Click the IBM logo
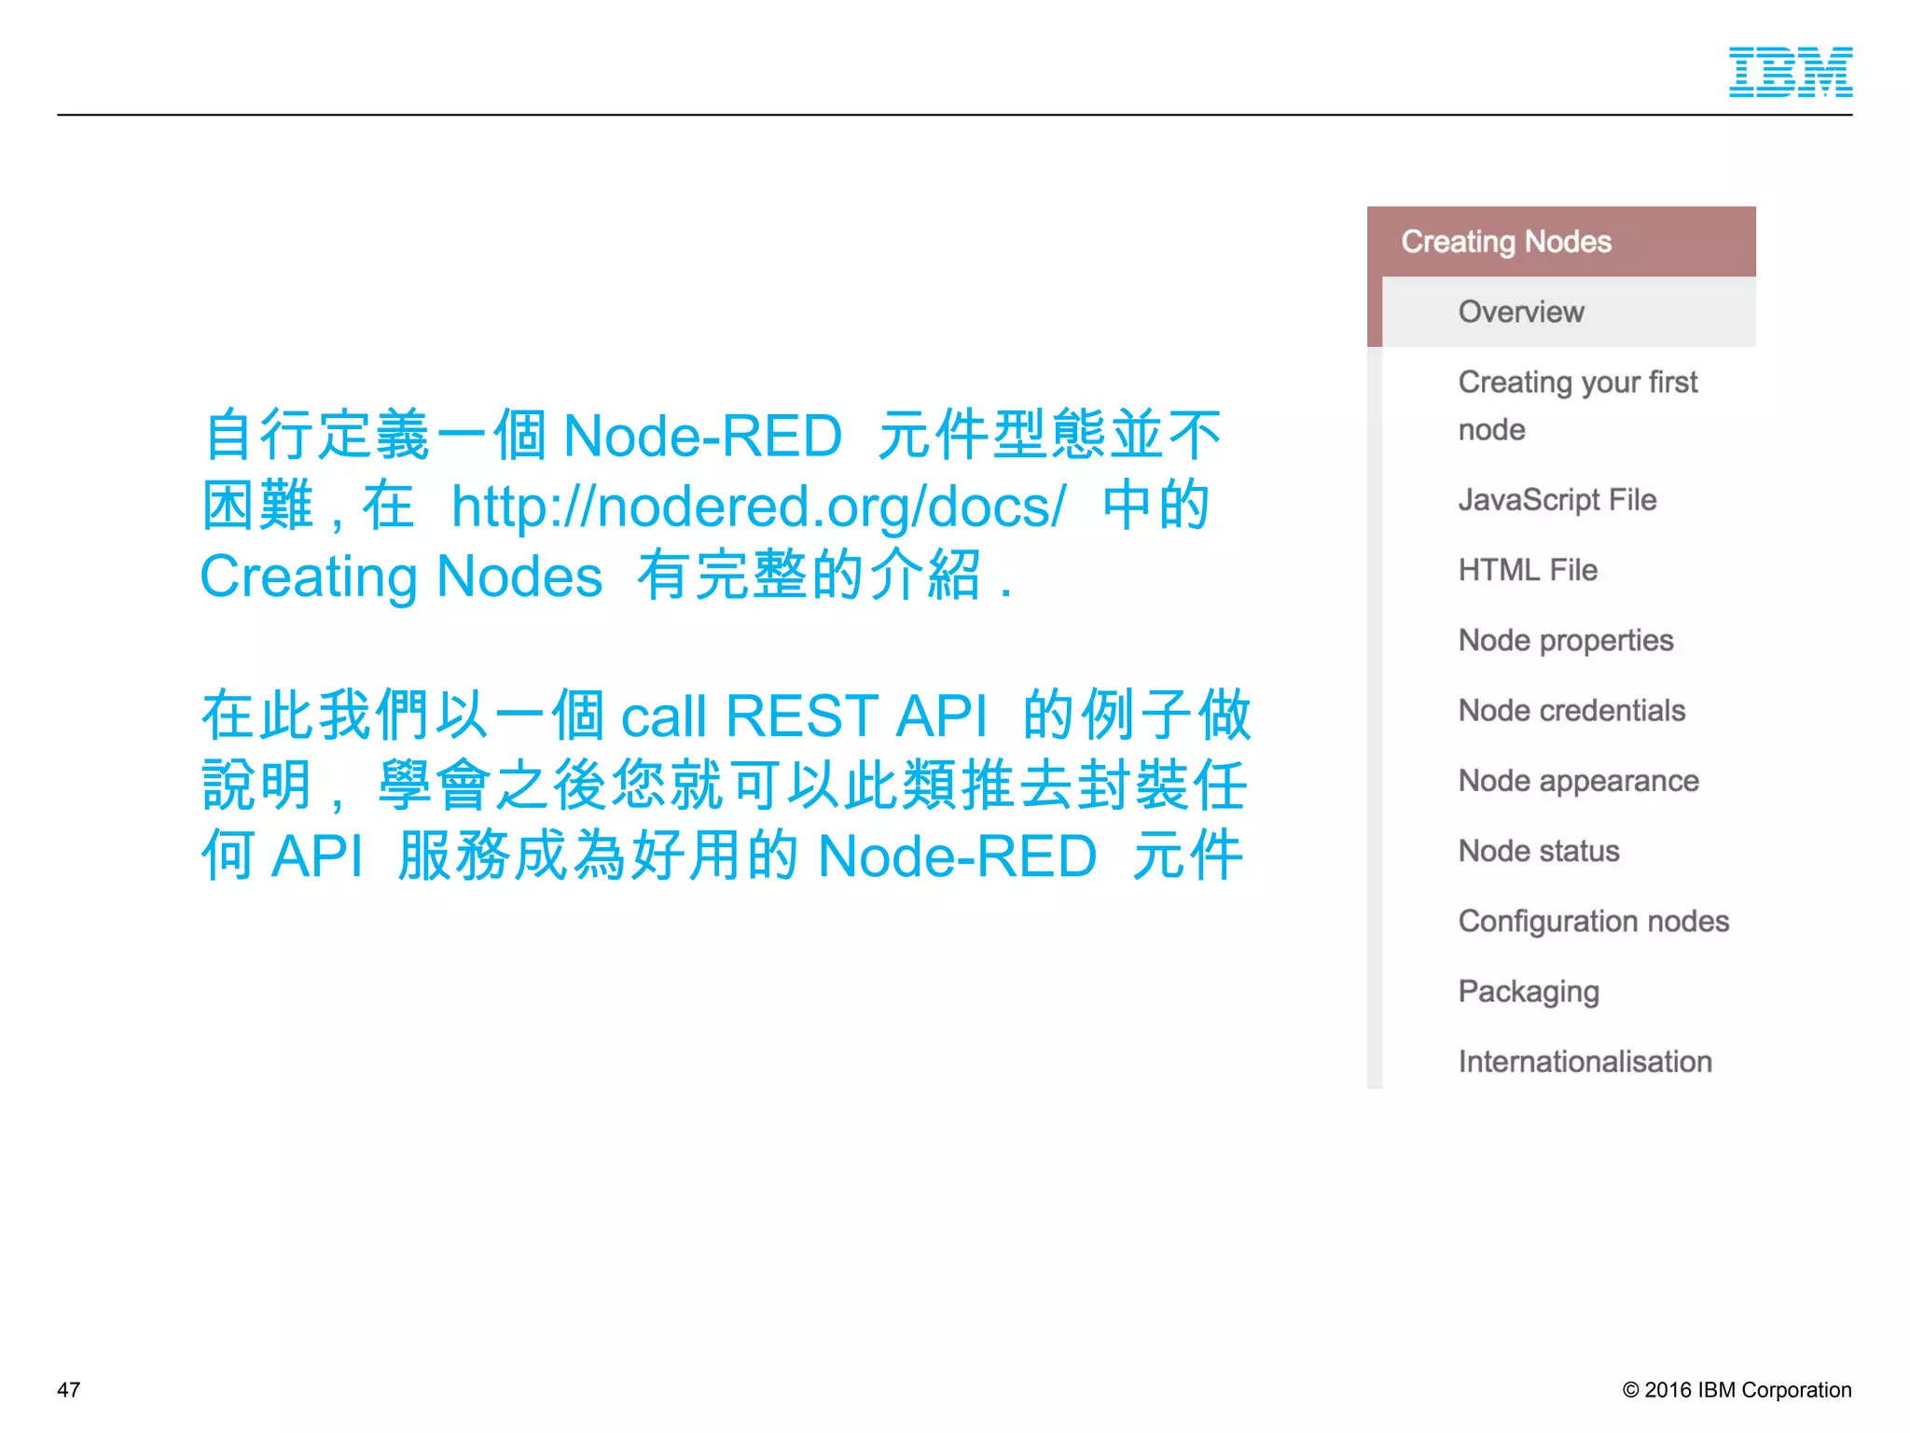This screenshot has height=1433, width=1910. tap(1790, 72)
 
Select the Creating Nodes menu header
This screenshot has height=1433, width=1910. tap(1505, 242)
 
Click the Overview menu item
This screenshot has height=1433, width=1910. tap(1520, 312)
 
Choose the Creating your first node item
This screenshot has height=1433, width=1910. tap(1577, 405)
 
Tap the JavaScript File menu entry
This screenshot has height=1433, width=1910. tap(1557, 500)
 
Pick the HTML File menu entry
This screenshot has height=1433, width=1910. tap(1528, 570)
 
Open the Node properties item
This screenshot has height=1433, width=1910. tap(1565, 640)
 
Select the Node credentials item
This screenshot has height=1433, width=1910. tap(1571, 711)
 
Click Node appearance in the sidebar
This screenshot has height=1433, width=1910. tap(1578, 781)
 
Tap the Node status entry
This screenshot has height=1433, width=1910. tap(1539, 851)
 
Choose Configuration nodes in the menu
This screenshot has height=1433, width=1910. tap(1593, 922)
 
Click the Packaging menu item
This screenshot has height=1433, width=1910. tap(1529, 992)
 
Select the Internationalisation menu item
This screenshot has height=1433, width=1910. tap(1585, 1062)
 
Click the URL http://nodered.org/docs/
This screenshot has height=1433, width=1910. tap(757, 507)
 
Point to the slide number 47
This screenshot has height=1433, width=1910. tap(69, 1390)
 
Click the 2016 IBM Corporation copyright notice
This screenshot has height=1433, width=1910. tap(1737, 1390)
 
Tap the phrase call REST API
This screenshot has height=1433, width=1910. tap(803, 716)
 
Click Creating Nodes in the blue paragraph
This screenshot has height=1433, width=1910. tap(401, 577)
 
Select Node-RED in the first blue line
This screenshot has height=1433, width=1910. tap(702, 436)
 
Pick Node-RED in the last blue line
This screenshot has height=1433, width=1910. tap(956, 856)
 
